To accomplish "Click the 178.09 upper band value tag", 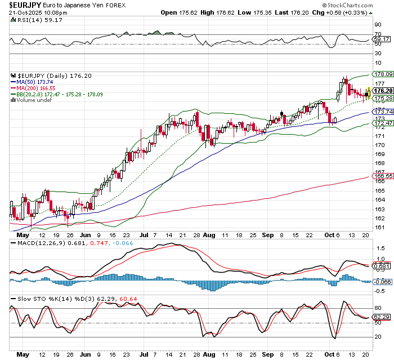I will (383, 74).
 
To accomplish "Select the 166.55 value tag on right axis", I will (383, 176).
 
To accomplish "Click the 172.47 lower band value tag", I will (383, 123).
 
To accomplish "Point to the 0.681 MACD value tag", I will (381, 266).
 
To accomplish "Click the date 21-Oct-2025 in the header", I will (21, 12).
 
